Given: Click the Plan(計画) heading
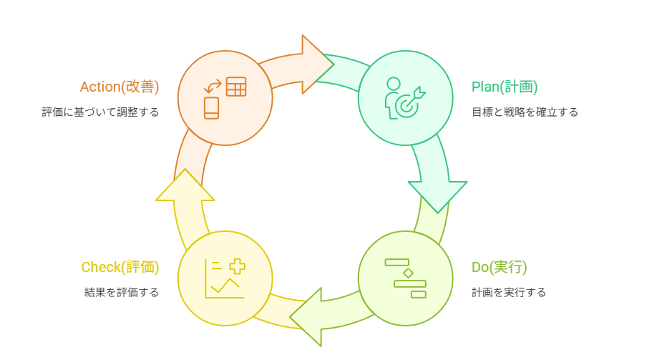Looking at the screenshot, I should pos(504,87).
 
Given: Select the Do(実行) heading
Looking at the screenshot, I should pos(499,268).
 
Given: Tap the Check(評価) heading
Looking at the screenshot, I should pos(120,268).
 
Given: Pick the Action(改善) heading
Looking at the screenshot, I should pos(119,87).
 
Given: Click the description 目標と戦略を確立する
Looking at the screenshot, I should pos(524,112).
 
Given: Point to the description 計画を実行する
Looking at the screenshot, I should pos(508,293).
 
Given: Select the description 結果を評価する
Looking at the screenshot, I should pos(121,293).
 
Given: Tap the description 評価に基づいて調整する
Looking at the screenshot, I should pos(100,112).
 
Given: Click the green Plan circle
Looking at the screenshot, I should pos(405,97).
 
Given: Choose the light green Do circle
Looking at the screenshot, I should pos(405,278).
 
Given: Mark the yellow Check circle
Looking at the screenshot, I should pos(225,278).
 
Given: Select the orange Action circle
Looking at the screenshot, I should pos(225,97).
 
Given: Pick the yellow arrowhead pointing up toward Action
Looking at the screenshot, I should pos(185,186).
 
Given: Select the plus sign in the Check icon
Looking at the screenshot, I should pos(237,267).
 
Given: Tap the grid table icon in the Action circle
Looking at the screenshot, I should pos(236,87).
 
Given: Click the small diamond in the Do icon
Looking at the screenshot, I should pos(408,273).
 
